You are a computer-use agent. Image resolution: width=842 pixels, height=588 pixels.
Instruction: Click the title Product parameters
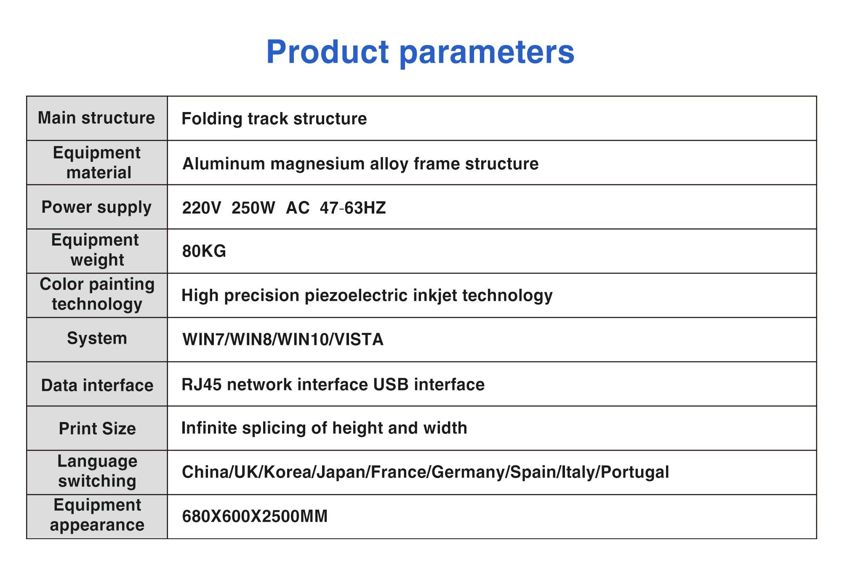click(x=421, y=53)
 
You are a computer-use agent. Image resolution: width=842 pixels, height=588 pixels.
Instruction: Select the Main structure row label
click(x=96, y=118)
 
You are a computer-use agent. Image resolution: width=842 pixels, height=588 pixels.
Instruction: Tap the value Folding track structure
click(x=274, y=119)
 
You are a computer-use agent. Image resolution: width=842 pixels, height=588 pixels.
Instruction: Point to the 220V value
click(x=201, y=208)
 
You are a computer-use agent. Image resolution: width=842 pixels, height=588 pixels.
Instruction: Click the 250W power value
click(x=253, y=208)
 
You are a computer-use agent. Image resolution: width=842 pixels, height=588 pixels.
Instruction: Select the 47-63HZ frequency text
click(x=353, y=208)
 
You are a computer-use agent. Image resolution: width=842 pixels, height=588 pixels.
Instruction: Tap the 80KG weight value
click(x=204, y=251)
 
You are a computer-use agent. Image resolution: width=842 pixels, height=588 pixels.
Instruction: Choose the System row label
click(x=97, y=339)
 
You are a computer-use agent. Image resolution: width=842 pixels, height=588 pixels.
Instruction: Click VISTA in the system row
click(x=359, y=339)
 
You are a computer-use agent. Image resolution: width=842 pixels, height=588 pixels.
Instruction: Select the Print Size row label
click(x=97, y=429)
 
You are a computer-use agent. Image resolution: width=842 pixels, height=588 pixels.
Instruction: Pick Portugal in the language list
click(x=635, y=472)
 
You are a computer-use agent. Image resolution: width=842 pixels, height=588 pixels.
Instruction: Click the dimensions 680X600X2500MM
click(x=255, y=516)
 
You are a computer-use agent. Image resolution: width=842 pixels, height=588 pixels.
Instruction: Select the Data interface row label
click(x=97, y=385)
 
